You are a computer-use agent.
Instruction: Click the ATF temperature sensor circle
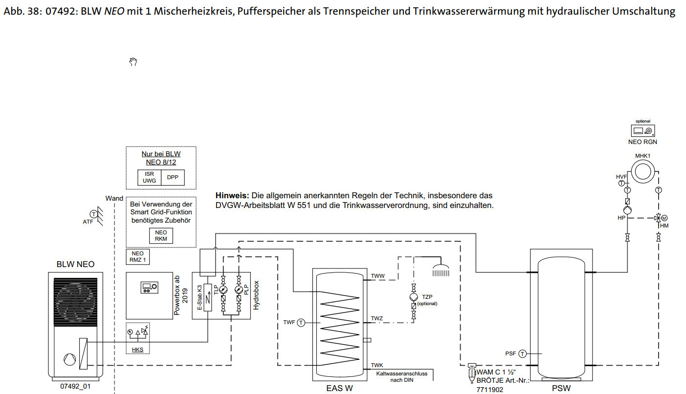pyautogui.click(x=92, y=214)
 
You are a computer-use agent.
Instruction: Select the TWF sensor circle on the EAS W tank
pyautogui.click(x=301, y=322)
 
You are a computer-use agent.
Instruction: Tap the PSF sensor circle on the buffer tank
pyautogui.click(x=523, y=353)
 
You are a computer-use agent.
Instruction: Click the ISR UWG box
pyautogui.click(x=149, y=177)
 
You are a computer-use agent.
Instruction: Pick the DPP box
pyautogui.click(x=173, y=177)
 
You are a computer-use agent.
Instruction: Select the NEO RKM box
pyautogui.click(x=161, y=236)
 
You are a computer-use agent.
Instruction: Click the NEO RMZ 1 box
pyautogui.click(x=137, y=257)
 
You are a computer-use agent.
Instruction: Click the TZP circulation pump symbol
pyautogui.click(x=414, y=297)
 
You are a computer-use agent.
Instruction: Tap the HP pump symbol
pyautogui.click(x=627, y=210)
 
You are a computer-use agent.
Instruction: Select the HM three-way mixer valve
pyautogui.click(x=659, y=218)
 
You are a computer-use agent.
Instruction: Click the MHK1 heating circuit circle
pyautogui.click(x=643, y=172)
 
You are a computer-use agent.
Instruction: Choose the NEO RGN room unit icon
pyautogui.click(x=642, y=131)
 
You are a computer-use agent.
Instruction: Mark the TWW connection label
pyautogui.click(x=377, y=276)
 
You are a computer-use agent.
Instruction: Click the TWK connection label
pyautogui.click(x=377, y=365)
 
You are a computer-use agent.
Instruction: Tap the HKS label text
pyautogui.click(x=137, y=350)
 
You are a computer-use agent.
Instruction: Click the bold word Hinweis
pyautogui.click(x=232, y=195)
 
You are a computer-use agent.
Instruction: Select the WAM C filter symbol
pyautogui.click(x=472, y=373)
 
